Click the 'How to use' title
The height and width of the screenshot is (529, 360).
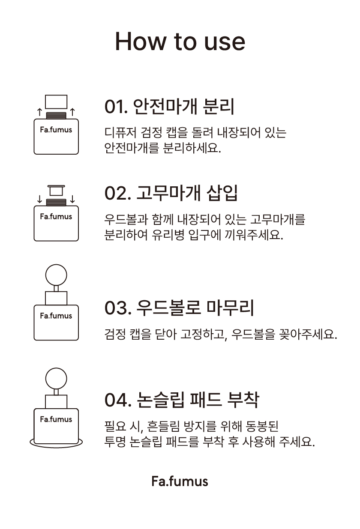click(x=180, y=41)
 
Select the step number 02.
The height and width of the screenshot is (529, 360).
click(x=117, y=193)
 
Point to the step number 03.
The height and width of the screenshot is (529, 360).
click(x=118, y=308)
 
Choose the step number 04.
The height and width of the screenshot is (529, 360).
click(x=118, y=400)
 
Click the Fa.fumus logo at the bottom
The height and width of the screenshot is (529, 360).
click(x=180, y=481)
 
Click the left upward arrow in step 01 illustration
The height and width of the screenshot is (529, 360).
click(x=40, y=112)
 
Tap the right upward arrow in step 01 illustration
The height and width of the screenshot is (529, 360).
click(x=72, y=112)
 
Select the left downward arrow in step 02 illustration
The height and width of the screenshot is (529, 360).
click(x=40, y=199)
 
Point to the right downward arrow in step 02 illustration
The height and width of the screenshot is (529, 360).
click(x=72, y=199)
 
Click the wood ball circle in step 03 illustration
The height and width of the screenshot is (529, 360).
click(x=56, y=265)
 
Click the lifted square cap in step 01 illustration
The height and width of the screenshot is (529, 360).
click(x=56, y=96)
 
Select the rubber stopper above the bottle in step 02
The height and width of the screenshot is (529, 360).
click(x=56, y=186)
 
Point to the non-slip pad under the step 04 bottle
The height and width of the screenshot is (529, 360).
click(x=56, y=446)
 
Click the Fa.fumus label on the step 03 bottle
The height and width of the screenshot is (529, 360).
click(x=56, y=316)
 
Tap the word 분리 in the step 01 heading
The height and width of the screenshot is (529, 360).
click(x=219, y=106)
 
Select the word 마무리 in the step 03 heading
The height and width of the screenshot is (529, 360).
click(x=230, y=308)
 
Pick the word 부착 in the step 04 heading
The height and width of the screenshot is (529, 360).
click(x=243, y=400)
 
